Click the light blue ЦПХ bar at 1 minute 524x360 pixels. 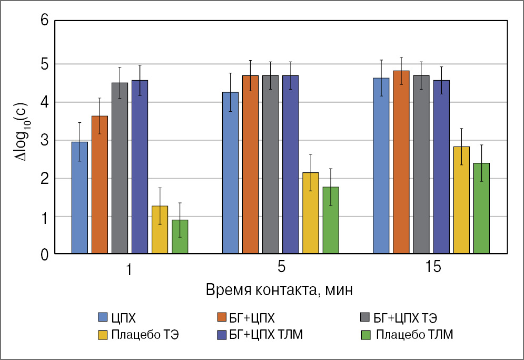click(x=80, y=198)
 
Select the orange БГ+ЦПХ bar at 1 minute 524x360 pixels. click(x=100, y=185)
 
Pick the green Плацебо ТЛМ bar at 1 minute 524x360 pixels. click(x=180, y=237)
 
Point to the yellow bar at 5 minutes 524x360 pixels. click(x=311, y=214)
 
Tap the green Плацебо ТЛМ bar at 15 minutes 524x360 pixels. click(x=481, y=209)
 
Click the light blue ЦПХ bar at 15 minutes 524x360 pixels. click(x=381, y=166)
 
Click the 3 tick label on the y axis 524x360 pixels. click(x=44, y=141)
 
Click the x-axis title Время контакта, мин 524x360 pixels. click(x=279, y=290)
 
